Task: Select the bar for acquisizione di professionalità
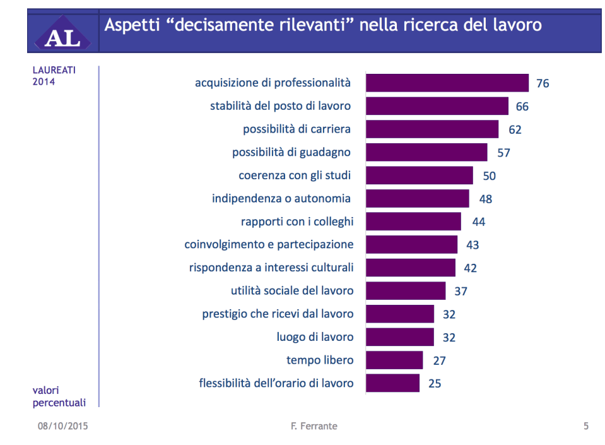(447, 83)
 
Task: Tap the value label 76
(543, 83)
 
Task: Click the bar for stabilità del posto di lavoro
(437, 106)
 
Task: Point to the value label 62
(515, 129)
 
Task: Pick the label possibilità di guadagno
(291, 152)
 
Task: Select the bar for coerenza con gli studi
(419, 175)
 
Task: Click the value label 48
(485, 199)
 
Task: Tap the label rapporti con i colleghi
(297, 222)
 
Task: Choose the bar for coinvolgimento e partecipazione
(411, 245)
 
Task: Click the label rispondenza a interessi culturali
(271, 268)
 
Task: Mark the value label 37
(462, 291)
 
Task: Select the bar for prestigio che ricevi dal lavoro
(399, 314)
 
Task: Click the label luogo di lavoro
(315, 337)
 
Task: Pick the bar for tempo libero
(394, 360)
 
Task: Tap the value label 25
(435, 383)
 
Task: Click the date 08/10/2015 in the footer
(62, 426)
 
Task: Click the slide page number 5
(585, 426)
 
